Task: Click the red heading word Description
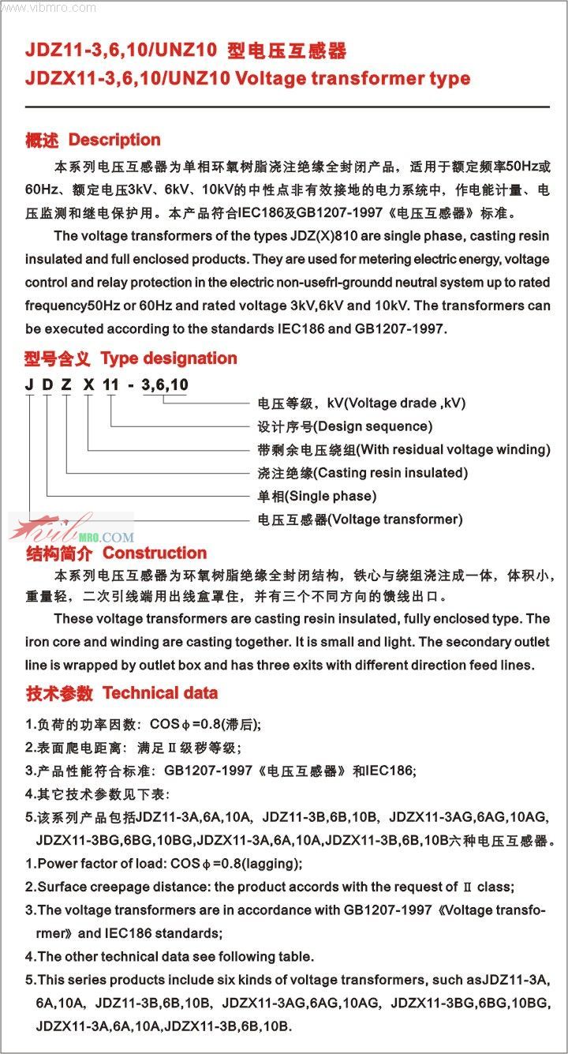click(114, 141)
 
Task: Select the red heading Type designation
click(169, 358)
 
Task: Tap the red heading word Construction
click(155, 553)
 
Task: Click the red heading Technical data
click(160, 693)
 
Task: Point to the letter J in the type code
click(29, 384)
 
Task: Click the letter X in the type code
click(88, 384)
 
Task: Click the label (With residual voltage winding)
click(453, 449)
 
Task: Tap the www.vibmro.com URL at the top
click(49, 7)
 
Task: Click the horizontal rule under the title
click(287, 107)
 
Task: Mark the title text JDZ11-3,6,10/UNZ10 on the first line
click(121, 52)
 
